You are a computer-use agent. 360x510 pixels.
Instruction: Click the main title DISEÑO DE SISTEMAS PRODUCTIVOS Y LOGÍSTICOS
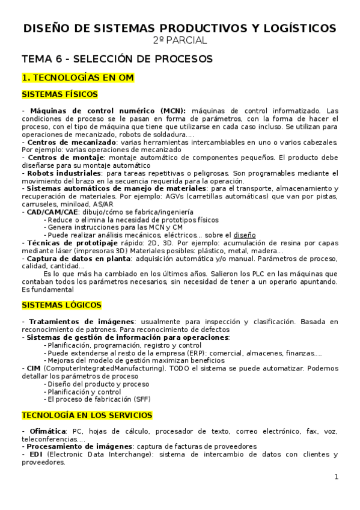(x=180, y=28)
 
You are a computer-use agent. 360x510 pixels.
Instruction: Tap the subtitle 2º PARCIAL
(x=180, y=40)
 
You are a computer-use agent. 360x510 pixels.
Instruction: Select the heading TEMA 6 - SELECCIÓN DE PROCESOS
(x=117, y=59)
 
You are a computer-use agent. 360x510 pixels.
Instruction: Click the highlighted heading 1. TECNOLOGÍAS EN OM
(x=78, y=78)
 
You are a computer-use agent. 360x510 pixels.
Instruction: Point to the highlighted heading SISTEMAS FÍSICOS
(x=59, y=94)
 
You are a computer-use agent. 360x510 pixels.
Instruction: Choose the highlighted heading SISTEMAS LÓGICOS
(x=61, y=306)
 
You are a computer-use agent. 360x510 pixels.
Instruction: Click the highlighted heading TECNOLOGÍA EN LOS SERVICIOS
(x=87, y=416)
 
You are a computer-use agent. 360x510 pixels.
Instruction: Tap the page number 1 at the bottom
(x=337, y=478)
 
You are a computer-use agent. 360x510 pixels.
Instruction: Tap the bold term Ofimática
(x=46, y=432)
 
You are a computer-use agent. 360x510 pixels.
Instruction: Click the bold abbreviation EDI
(x=35, y=455)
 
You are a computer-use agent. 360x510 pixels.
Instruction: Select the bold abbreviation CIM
(x=34, y=367)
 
